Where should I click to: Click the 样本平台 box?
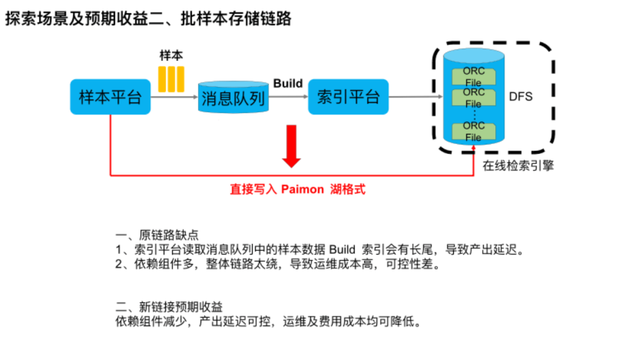point(110,97)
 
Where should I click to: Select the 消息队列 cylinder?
point(233,98)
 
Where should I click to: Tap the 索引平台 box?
point(348,97)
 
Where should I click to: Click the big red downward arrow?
point(291,146)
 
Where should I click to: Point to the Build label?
point(288,83)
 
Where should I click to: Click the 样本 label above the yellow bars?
point(171,56)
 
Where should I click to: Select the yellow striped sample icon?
point(171,79)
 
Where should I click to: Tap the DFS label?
point(521,97)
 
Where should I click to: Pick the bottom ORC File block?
point(473,131)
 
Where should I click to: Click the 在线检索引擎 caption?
point(518,166)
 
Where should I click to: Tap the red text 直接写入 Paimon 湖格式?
point(298,189)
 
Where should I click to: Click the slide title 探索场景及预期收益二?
point(148,18)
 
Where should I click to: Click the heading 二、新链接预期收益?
point(169,307)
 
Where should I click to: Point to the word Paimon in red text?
point(302,189)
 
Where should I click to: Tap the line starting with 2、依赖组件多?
point(278,265)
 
